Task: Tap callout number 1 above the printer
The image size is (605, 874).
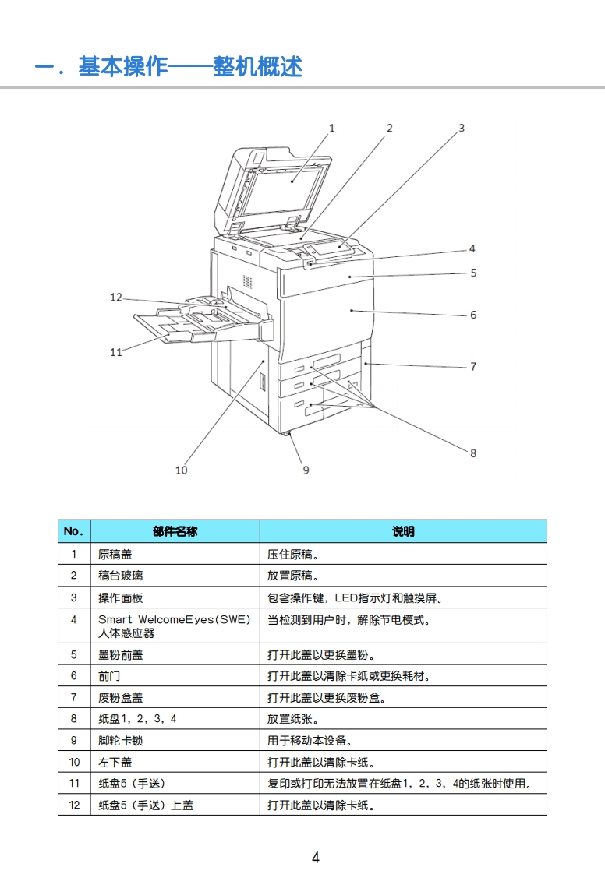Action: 331,128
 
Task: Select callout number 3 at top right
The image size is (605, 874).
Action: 462,128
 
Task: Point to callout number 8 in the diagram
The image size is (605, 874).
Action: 473,453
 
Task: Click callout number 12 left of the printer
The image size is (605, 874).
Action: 116,297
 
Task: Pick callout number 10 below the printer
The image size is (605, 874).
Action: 182,470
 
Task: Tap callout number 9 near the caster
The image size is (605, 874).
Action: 306,470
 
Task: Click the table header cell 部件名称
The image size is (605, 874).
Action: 175,531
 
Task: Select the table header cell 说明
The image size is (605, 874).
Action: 403,531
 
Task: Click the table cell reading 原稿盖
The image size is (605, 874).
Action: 115,555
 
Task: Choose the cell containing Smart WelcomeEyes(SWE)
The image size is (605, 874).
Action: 174,620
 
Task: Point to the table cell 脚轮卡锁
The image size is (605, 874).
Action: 120,741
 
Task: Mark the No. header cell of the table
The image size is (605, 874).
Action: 73,531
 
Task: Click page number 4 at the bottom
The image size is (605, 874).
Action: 315,858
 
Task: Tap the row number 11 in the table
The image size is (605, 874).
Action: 74,784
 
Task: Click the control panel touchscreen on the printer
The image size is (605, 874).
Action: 328,249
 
